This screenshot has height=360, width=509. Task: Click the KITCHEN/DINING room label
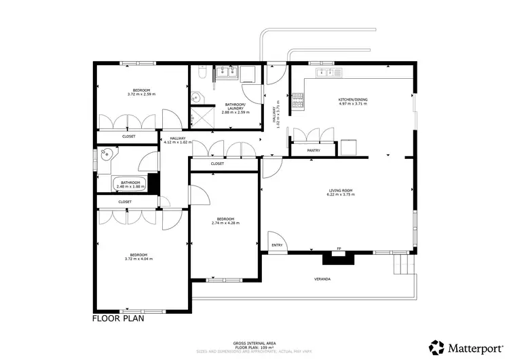point(353,101)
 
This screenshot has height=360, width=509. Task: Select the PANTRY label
point(314,150)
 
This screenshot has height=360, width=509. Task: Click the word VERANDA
point(322,278)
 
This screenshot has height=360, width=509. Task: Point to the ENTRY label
point(276,245)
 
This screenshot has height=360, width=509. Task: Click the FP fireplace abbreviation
point(340,248)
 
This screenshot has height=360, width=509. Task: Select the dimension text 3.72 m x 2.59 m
point(141,94)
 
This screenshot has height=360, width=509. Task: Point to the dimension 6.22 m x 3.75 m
point(340,195)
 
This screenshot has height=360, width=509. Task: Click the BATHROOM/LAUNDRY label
point(235,107)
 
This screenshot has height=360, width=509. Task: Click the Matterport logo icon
point(437,347)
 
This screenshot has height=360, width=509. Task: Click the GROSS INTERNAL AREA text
point(253,344)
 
